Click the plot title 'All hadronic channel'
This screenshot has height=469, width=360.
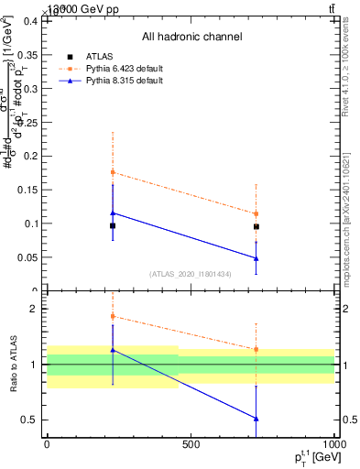click(x=191, y=37)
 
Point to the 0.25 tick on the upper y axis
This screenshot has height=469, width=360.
click(x=30, y=122)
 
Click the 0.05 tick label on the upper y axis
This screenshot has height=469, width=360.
click(x=30, y=257)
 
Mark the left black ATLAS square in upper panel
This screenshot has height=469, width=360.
click(x=113, y=225)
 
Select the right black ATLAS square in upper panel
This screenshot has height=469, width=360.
click(x=256, y=226)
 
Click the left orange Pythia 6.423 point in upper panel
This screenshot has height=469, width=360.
click(x=113, y=172)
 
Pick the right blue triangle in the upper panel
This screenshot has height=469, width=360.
click(x=256, y=258)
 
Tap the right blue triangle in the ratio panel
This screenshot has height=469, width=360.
click(x=256, y=419)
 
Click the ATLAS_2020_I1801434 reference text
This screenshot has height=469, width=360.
click(x=190, y=274)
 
